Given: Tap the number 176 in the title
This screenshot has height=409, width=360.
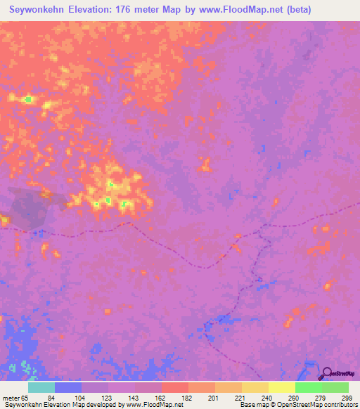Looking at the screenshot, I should tap(128, 10).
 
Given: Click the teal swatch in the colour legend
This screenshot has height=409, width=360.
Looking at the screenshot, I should tap(41, 387).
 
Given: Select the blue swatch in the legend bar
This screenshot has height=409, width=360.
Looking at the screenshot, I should tap(68, 387).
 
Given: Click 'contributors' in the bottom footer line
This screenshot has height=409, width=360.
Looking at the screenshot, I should tap(336, 405).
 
